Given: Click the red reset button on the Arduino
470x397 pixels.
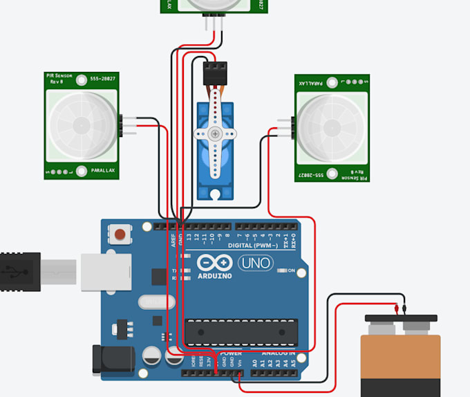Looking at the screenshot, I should [121, 234].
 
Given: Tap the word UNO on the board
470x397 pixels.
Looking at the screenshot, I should [256, 263].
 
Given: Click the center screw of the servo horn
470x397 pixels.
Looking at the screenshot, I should [215, 133].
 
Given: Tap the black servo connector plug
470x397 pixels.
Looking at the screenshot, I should [215, 71].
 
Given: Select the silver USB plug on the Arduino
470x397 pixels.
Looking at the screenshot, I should [104, 271].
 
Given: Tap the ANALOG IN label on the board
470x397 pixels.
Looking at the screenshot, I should [278, 353].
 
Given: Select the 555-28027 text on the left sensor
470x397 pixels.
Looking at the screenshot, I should [103, 80].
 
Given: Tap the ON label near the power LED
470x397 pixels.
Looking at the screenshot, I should [292, 270].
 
